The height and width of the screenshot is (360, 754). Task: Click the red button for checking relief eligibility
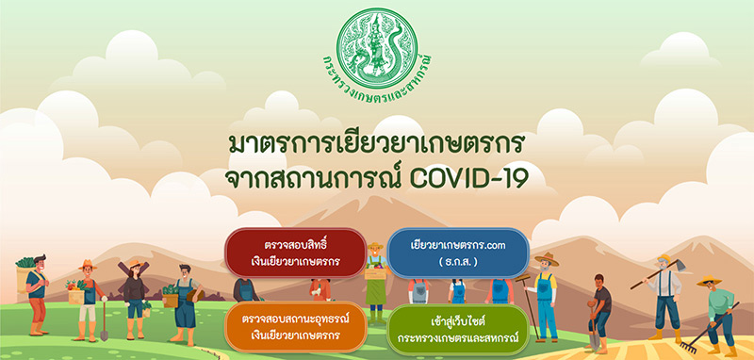click(295, 253)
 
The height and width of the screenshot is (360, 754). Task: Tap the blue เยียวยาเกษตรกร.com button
click(458, 253)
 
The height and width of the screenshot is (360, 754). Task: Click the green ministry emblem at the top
click(376, 42)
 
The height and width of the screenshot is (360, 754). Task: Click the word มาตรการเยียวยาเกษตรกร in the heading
click(376, 143)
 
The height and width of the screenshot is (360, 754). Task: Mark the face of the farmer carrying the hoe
click(665, 264)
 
